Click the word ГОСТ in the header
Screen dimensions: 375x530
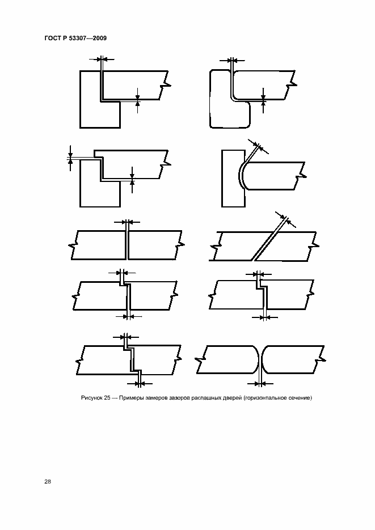[x=52, y=38]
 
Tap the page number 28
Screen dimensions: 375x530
[x=48, y=481]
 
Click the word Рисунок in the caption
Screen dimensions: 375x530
[x=92, y=398]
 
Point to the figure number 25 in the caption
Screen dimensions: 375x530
[x=107, y=398]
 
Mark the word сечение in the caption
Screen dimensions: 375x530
[x=300, y=398]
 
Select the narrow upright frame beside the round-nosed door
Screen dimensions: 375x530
[x=233, y=179]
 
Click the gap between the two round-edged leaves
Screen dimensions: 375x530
[x=261, y=360]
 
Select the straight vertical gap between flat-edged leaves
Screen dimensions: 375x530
[x=127, y=245]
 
